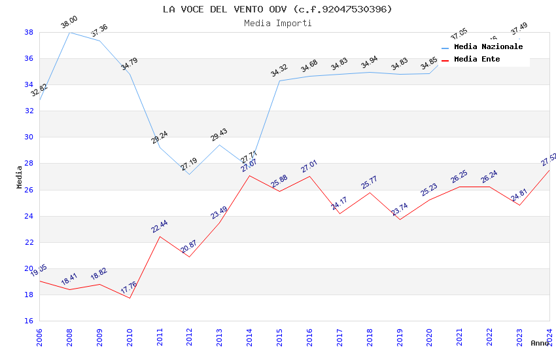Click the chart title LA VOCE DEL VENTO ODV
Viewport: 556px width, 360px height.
click(277, 9)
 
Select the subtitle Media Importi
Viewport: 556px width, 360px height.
click(277, 23)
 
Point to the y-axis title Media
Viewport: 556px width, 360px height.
click(20, 177)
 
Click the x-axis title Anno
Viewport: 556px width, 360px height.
click(540, 343)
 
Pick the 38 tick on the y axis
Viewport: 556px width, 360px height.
click(29, 32)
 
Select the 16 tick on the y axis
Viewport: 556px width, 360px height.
click(29, 321)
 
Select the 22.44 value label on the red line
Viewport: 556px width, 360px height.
click(160, 226)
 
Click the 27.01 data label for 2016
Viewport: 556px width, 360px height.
click(309, 166)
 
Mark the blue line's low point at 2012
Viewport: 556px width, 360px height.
click(189, 174)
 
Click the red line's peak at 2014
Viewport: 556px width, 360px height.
click(249, 175)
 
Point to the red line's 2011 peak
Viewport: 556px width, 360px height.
click(160, 236)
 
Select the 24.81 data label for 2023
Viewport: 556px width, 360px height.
click(519, 196)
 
